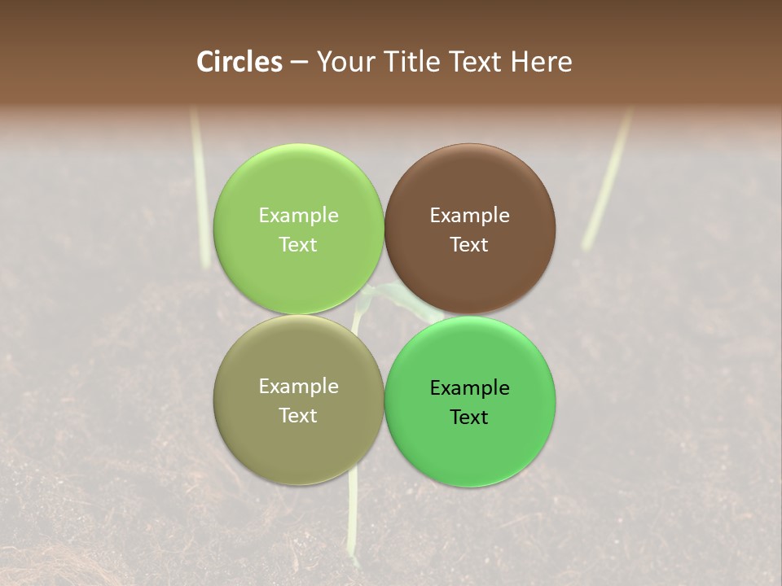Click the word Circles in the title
(239, 62)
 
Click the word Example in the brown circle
(469, 215)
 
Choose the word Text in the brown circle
(469, 244)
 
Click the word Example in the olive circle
(298, 386)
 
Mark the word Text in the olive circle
(298, 415)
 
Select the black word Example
(469, 387)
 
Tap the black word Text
(469, 417)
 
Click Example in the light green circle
(298, 215)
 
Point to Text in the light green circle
(298, 244)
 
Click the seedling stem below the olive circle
(353, 521)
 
